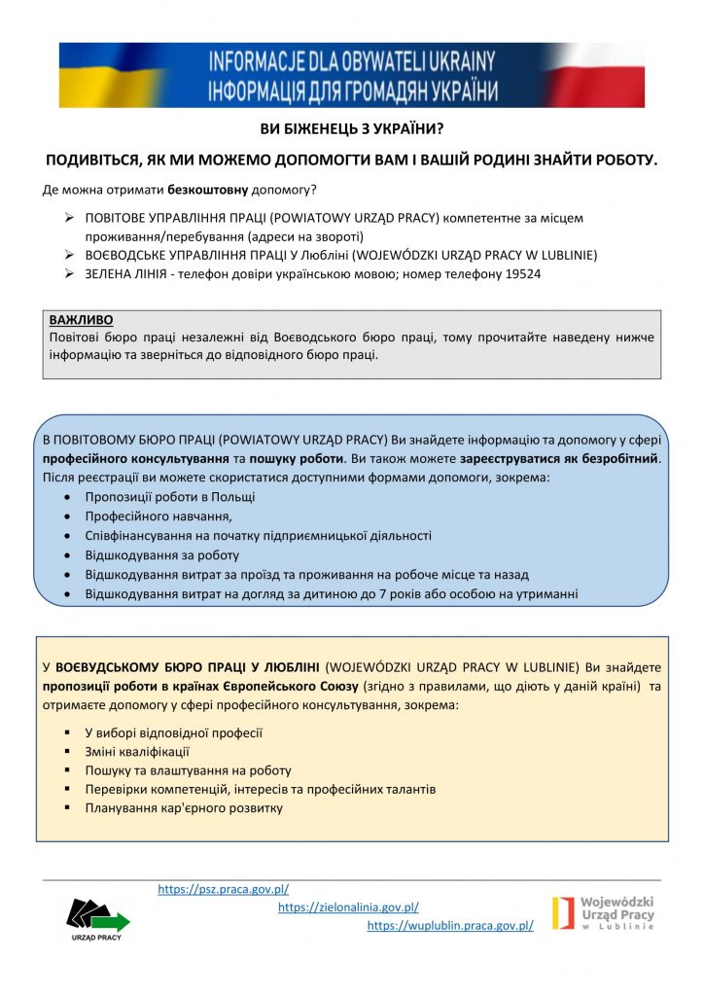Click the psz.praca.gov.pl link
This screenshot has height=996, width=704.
pos(223,889)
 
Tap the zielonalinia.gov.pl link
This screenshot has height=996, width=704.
pos(348,907)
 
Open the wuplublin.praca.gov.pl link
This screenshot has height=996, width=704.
pos(450,926)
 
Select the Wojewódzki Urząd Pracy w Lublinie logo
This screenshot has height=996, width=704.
pos(603,913)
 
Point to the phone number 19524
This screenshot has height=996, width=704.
pos(523,274)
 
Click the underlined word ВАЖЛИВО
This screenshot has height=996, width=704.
pos(81,320)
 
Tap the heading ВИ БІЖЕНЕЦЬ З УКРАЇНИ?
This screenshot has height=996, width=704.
pos(351,129)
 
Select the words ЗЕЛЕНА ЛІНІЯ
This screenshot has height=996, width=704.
pos(128,274)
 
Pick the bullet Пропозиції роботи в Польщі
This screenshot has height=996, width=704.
pos(170,497)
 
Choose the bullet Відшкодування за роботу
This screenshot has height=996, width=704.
pos(162,555)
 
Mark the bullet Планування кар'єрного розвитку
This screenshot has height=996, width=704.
pos(184,808)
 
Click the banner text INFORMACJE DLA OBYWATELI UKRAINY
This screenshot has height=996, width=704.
pos(351,63)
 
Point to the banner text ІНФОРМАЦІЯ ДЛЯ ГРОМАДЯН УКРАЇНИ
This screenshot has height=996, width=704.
pos(351,92)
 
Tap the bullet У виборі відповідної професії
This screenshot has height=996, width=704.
pos(174,733)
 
